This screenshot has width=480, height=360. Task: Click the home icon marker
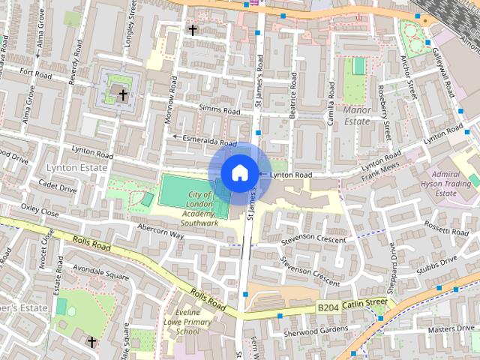pyautogui.click(x=239, y=173)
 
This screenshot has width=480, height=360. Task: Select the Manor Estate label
pyautogui.click(x=357, y=115)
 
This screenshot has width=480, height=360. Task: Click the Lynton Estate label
pyautogui.click(x=76, y=168)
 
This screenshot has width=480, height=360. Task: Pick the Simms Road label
pyautogui.click(x=219, y=110)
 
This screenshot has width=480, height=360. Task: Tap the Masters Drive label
pyautogui.click(x=452, y=328)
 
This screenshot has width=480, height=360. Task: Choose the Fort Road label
pyautogui.click(x=35, y=73)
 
